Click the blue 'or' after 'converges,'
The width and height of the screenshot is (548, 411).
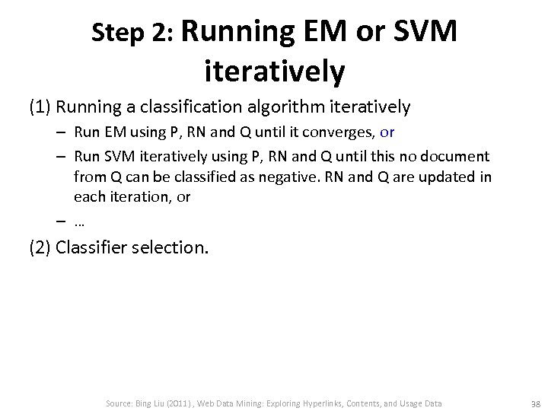pos(387,132)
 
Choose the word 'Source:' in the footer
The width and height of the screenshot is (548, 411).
pos(120,403)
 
